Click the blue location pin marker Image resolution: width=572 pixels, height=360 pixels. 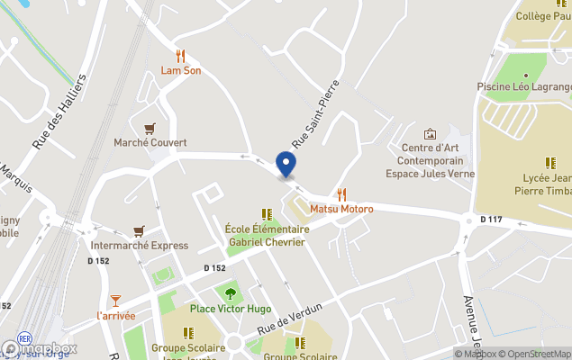click(x=286, y=165)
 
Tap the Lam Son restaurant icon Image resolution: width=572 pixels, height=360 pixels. click(x=181, y=55)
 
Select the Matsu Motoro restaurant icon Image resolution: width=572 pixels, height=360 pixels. click(x=341, y=193)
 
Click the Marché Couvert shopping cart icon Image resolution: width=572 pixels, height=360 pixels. click(x=150, y=128)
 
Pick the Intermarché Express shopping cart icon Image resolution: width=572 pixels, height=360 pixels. click(x=139, y=231)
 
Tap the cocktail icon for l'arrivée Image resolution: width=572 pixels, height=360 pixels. click(x=115, y=300)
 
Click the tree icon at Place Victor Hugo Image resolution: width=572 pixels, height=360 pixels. click(x=230, y=292)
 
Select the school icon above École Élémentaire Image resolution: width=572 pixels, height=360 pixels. click(x=267, y=214)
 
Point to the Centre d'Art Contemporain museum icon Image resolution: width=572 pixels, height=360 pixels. click(x=430, y=133)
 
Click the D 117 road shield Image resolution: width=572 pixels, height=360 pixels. click(x=491, y=219)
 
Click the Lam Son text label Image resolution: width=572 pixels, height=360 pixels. click(x=181, y=70)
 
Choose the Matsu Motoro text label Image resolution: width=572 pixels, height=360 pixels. click(x=341, y=209)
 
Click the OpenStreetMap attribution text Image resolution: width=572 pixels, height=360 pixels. click(x=536, y=354)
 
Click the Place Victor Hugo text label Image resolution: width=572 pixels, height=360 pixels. click(x=230, y=309)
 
